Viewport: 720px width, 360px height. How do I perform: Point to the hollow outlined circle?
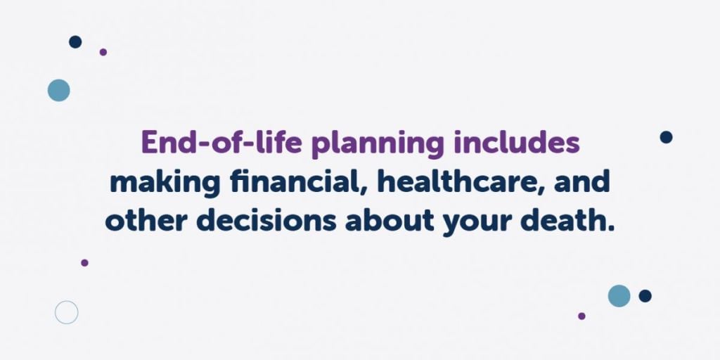click(66, 312)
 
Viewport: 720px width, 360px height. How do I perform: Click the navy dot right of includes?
click(666, 137)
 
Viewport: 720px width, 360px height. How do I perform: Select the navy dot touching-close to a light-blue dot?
click(645, 296)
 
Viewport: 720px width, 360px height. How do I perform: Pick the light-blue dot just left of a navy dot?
click(619, 296)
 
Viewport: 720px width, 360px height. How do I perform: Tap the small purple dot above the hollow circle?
click(84, 263)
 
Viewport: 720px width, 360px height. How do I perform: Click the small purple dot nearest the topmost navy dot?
click(103, 52)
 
